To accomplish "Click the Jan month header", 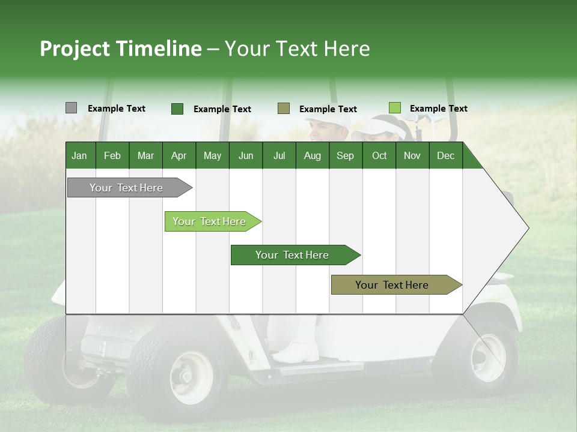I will click(x=79, y=155).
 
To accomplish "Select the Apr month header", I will click(x=179, y=155).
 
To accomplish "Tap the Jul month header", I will click(x=279, y=155).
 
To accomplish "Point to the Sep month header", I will click(x=345, y=155).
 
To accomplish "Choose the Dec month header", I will click(x=445, y=155).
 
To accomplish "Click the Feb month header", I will click(x=112, y=155).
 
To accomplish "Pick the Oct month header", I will click(x=379, y=155).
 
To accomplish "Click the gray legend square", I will click(x=71, y=108).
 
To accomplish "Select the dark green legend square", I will click(x=177, y=109).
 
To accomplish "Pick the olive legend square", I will click(x=283, y=109).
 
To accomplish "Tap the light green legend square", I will click(x=394, y=108).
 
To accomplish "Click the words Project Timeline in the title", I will click(x=120, y=49).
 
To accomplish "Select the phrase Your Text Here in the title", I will click(x=297, y=49).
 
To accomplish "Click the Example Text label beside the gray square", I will click(x=116, y=109).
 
